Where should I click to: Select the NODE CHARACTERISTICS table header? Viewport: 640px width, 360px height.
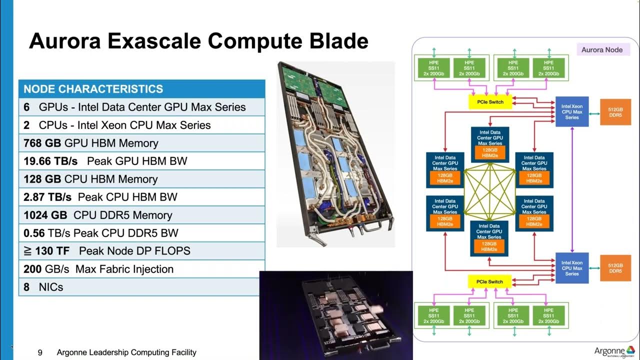click(93, 89)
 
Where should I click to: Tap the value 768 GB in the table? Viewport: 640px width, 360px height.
click(42, 143)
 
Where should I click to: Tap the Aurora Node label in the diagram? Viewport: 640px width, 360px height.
click(602, 50)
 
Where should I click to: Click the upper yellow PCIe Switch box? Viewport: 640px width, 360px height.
click(490, 102)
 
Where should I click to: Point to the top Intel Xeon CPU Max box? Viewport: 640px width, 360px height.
click(572, 111)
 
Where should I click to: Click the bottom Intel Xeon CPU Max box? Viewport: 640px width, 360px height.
click(572, 268)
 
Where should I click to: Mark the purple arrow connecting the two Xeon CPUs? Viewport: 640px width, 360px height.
click(572, 190)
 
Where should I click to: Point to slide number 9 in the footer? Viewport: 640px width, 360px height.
click(40, 352)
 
